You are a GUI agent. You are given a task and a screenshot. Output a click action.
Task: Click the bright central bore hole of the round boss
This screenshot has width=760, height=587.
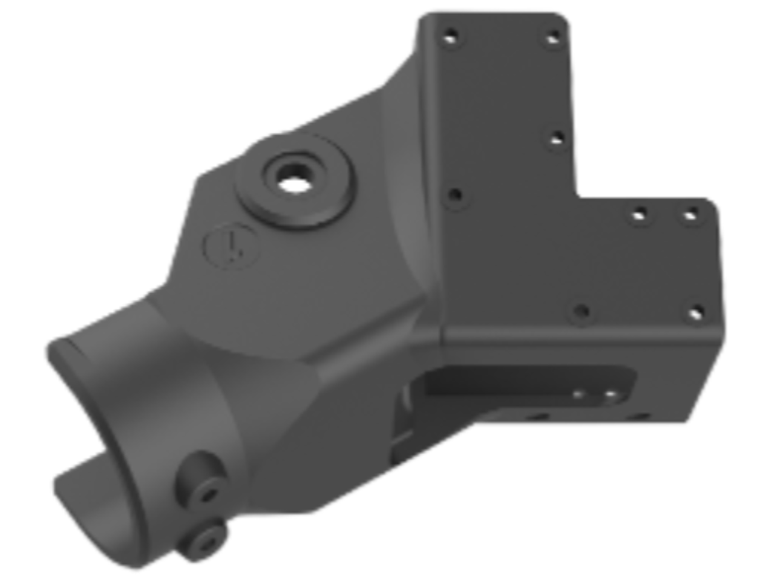tap(295, 178)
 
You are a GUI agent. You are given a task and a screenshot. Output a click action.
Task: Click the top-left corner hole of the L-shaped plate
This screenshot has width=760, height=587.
tap(450, 36)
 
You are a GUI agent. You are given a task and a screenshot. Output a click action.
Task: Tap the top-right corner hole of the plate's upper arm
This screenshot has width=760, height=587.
tap(553, 38)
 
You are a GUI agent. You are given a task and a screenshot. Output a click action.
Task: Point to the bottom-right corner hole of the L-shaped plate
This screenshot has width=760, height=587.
tap(695, 313)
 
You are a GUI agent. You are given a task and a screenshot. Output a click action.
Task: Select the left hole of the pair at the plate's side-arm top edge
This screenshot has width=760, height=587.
tap(639, 216)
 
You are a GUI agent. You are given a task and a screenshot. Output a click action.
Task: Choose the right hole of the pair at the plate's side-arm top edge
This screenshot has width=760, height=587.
tap(690, 216)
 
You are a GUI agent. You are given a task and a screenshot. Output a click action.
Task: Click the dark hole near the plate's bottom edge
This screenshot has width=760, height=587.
tap(582, 312)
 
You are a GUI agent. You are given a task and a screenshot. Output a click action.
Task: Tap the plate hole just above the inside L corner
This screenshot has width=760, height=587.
tap(557, 139)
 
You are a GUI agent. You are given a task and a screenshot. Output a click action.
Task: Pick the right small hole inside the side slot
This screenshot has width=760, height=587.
tap(611, 395)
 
